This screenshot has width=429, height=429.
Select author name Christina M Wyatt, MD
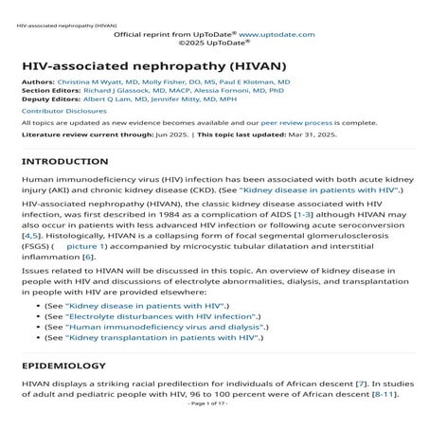pos(100,83)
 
